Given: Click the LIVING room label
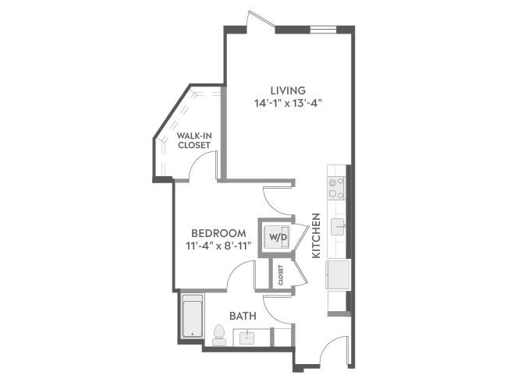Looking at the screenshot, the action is (288, 90).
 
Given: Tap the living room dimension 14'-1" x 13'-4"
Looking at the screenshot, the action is (289, 103).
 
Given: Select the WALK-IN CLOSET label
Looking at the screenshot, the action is (194, 140).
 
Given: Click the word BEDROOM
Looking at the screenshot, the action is (218, 233).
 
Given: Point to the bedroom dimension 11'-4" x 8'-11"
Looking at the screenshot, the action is (218, 246).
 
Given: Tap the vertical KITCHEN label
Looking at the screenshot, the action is (316, 235).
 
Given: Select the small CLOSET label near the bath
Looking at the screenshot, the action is (280, 275).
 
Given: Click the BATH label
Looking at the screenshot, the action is (243, 316).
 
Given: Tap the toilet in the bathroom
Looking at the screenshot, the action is (219, 335).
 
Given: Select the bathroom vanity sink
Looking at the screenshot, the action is (247, 338).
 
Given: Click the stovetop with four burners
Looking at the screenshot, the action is (336, 188).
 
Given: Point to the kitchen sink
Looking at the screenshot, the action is (338, 227).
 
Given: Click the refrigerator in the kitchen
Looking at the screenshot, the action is (338, 274).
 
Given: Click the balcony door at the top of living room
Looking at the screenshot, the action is (261, 20).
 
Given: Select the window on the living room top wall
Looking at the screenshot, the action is (324, 30).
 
